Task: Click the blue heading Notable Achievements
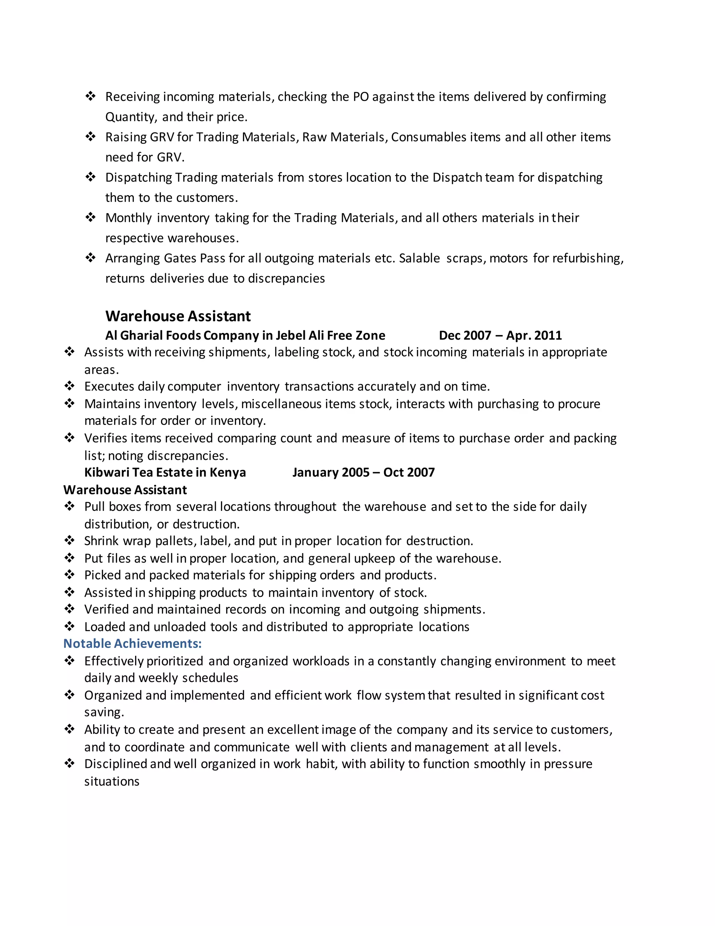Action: (x=132, y=644)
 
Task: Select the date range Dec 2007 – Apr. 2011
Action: (x=500, y=335)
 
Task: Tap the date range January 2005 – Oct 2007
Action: (x=363, y=472)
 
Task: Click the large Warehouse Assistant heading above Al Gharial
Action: (x=178, y=316)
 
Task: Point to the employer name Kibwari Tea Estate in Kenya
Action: (x=165, y=472)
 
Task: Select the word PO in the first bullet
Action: (x=361, y=97)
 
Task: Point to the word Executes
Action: (x=109, y=387)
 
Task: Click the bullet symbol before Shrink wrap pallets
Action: (x=69, y=540)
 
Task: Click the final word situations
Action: (x=112, y=781)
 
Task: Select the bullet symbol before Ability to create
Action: (x=69, y=729)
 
